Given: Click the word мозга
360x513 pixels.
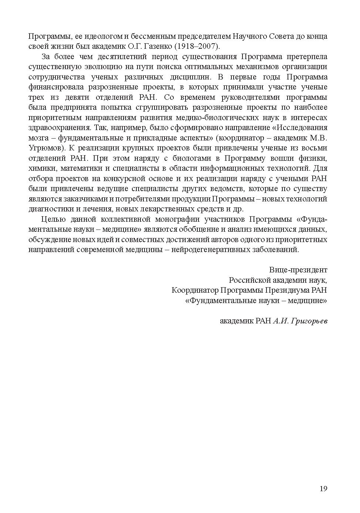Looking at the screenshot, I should [38, 138].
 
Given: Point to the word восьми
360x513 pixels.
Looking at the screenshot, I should [316, 148].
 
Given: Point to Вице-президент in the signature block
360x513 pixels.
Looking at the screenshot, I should [298, 270].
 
